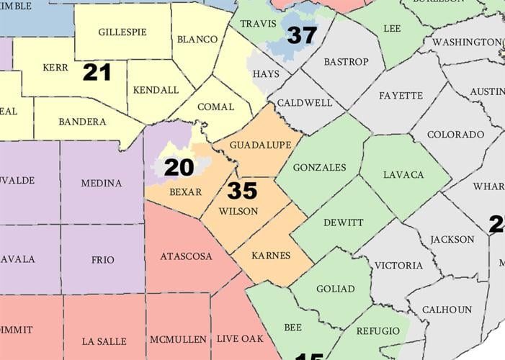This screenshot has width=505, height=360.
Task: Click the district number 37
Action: (302, 35)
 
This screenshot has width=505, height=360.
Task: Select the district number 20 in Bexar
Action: (179, 168)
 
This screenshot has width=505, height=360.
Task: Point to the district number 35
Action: (242, 191)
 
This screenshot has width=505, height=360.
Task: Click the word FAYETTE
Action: (400, 95)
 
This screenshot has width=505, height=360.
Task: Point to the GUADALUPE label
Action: (261, 145)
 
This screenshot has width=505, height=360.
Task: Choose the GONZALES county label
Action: (320, 167)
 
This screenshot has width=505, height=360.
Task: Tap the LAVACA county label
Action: (403, 174)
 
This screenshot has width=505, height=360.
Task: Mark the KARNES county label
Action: (272, 256)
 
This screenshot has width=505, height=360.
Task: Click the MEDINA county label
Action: (102, 183)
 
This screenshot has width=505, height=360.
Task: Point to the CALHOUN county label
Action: (447, 310)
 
